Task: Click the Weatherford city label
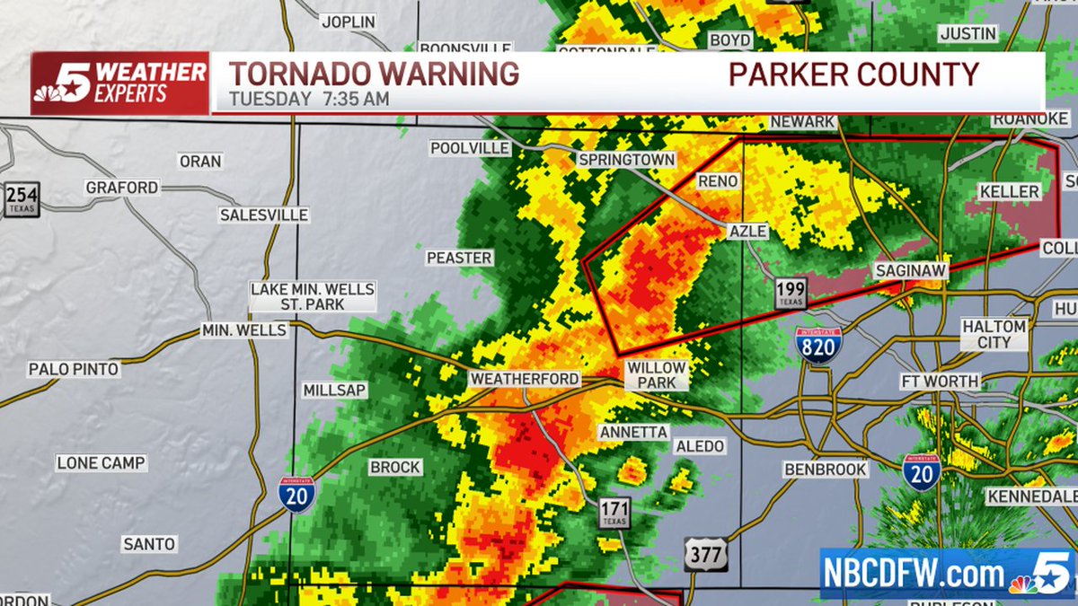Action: [525, 380]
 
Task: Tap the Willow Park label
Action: [657, 375]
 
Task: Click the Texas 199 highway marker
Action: [791, 293]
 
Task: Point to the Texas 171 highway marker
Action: [614, 513]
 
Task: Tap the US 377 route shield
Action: [706, 554]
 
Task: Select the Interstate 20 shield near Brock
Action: [296, 495]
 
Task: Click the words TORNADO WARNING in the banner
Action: [374, 74]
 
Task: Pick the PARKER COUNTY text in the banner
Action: [853, 74]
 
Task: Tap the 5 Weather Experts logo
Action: [120, 83]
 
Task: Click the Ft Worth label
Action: [940, 382]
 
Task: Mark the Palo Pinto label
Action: [74, 369]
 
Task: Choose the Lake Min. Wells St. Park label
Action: [312, 296]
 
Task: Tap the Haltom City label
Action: [994, 334]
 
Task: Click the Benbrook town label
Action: [826, 469]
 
